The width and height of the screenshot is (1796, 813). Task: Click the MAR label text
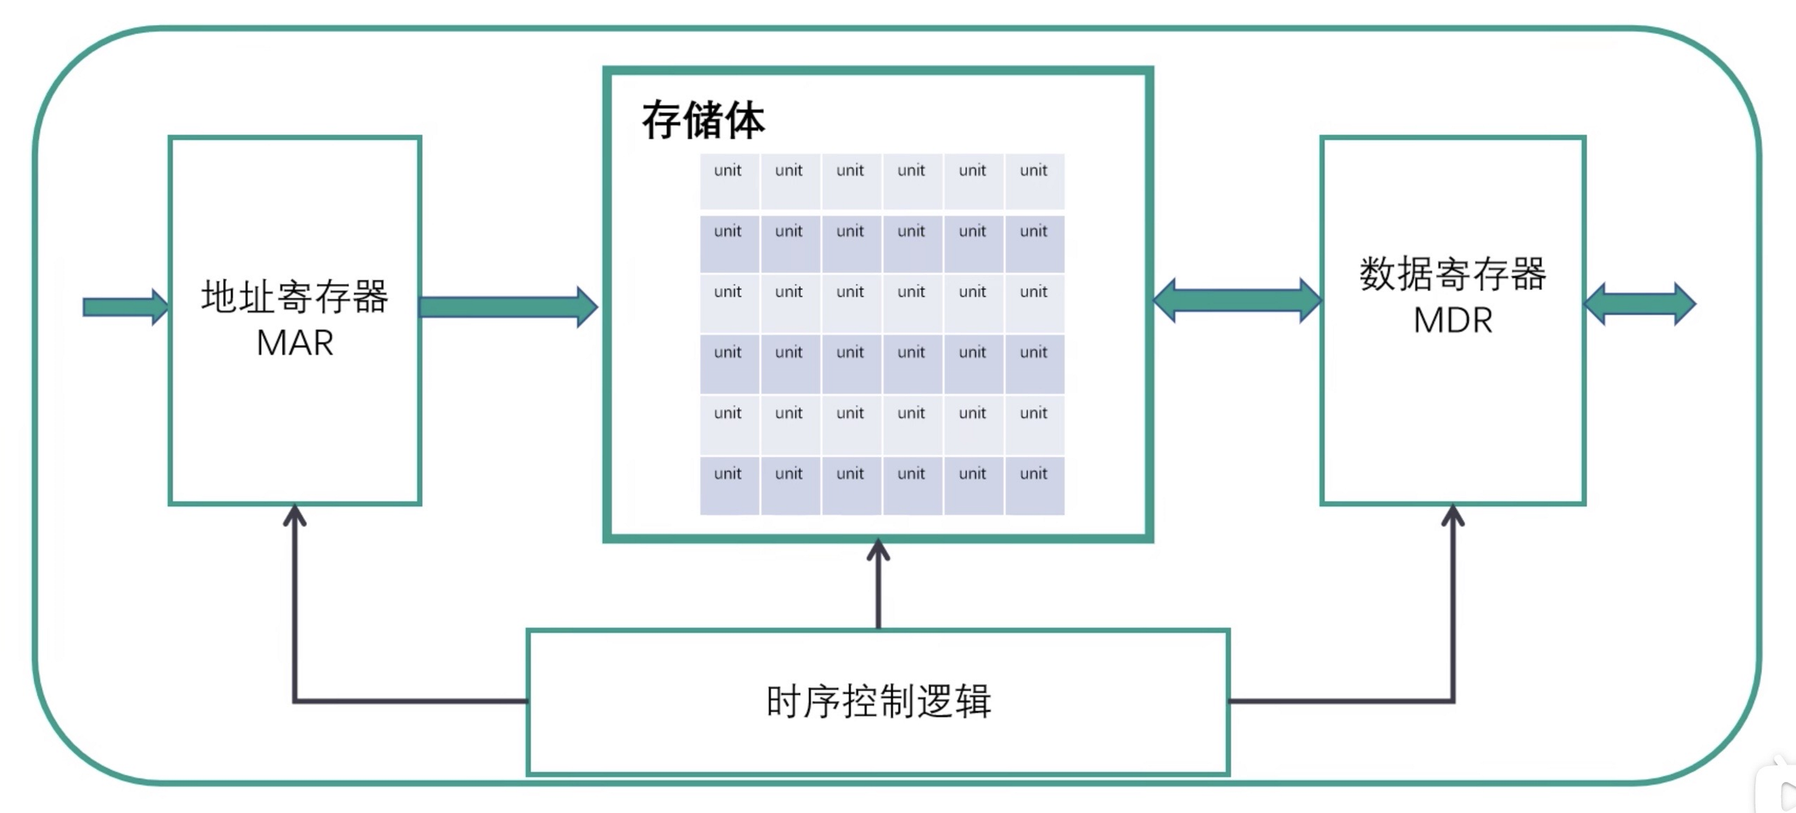pos(294,343)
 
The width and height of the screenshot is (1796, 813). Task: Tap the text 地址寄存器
pos(294,296)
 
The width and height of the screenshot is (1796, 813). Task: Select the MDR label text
pos(1453,321)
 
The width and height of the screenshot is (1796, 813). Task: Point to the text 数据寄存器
pos(1453,273)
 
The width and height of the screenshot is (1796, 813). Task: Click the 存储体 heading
pos(703,120)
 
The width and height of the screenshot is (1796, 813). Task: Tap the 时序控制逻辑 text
pos(878,701)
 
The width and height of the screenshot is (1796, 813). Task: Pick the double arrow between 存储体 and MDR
pos(1237,300)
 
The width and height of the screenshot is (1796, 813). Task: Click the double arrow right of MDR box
pos(1640,304)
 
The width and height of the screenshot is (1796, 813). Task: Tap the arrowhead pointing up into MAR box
pos(295,516)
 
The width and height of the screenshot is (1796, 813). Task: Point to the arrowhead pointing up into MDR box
pos(1453,516)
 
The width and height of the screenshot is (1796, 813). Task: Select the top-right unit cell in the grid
pos(1034,181)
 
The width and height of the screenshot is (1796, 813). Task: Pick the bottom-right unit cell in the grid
pos(1034,485)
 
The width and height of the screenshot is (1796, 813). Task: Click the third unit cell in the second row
pos(851,243)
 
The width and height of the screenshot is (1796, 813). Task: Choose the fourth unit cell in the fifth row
pos(912,424)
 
